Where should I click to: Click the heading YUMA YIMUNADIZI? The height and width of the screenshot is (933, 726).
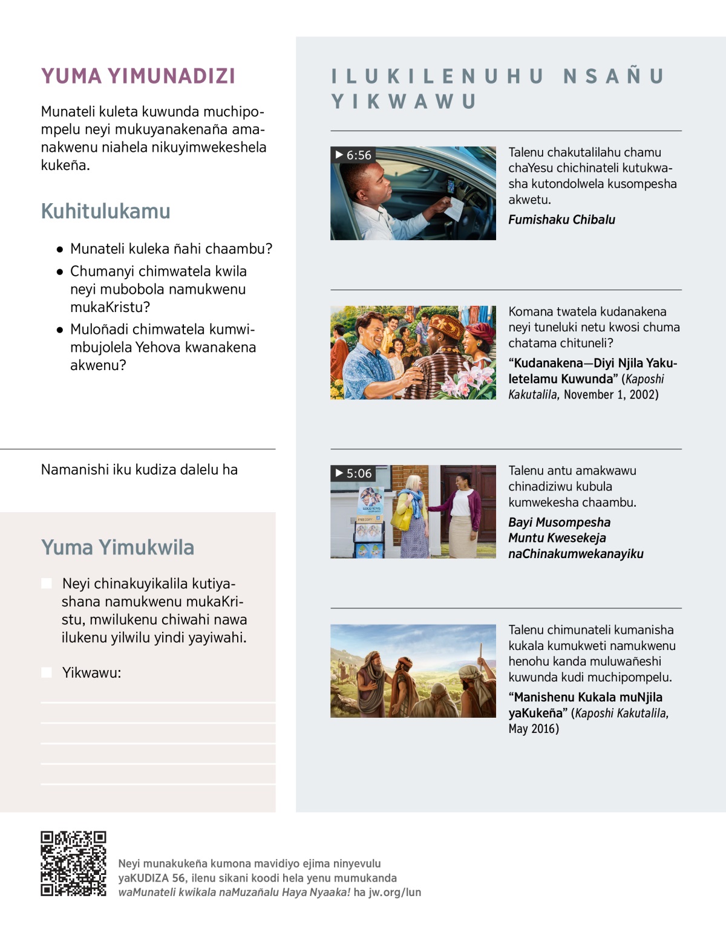coord(138,76)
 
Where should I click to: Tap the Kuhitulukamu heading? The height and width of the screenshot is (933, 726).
coord(106,212)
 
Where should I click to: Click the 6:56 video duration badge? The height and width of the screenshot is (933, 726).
coord(353,155)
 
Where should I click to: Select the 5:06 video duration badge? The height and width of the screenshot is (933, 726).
coord(353,473)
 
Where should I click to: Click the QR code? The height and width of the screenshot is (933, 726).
coord(73,863)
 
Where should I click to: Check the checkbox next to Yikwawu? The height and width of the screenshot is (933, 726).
coord(47,672)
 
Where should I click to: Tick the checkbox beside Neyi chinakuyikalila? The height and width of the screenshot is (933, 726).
coord(47,584)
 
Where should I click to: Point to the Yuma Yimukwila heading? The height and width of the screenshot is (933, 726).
coord(118,548)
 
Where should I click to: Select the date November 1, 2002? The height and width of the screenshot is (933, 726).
coord(611,395)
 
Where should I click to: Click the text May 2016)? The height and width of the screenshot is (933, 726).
coord(534,729)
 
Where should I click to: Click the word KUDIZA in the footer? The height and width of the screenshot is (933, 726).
coord(152,879)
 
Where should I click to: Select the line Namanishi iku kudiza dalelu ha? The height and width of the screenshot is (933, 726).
coord(139,470)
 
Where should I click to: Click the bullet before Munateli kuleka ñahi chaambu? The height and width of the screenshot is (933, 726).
coord(60,249)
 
